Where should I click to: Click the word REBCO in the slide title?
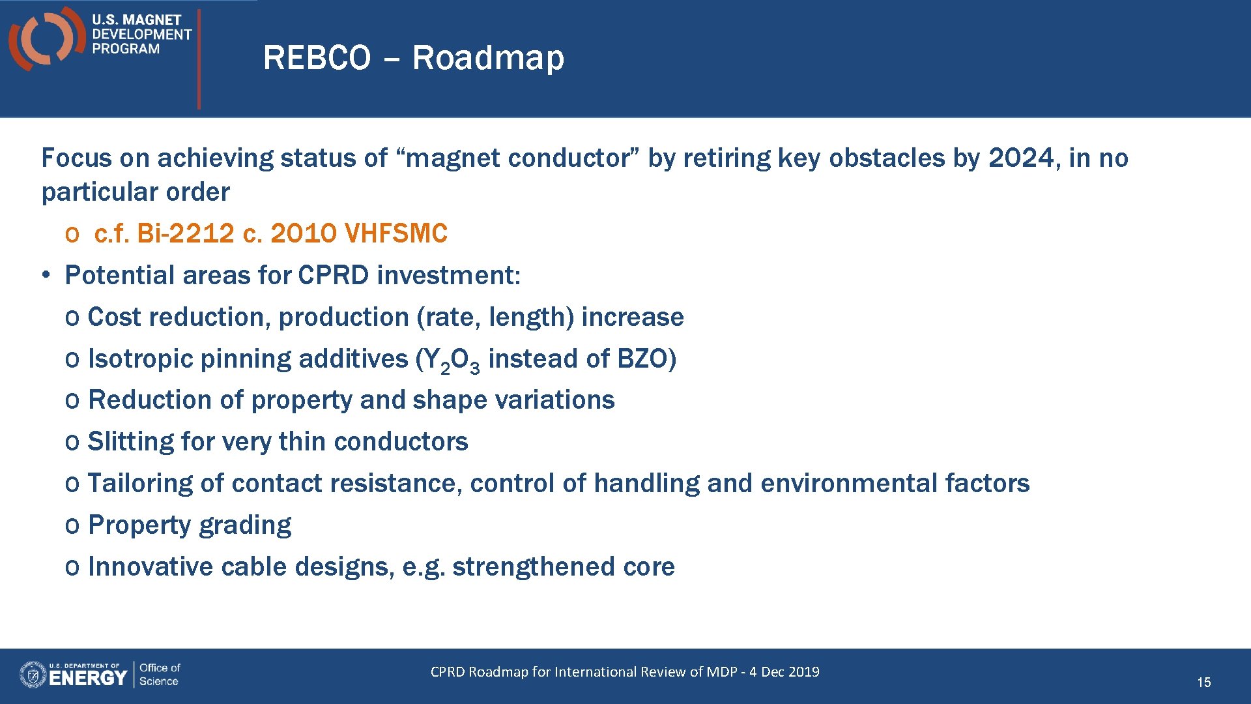point(317,58)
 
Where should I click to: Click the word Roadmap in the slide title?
point(488,58)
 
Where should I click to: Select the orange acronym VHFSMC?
point(395,233)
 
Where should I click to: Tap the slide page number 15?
point(1203,682)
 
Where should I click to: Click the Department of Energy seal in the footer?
point(33,675)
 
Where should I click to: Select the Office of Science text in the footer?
point(160,675)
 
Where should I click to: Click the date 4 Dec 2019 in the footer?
point(784,672)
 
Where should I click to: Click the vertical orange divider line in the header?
point(199,59)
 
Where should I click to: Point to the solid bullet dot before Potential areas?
point(46,275)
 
